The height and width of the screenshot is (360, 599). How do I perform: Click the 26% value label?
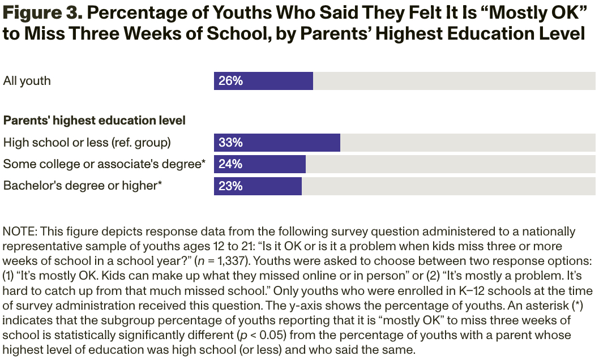(230, 81)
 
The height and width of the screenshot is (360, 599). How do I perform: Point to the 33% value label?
(230, 143)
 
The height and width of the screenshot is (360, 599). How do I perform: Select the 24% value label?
(230, 164)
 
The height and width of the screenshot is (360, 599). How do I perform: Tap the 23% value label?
(230, 186)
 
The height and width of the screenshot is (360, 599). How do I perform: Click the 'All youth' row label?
(27, 81)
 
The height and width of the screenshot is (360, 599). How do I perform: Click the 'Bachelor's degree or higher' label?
(83, 186)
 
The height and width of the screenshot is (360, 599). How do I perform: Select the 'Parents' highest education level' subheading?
(95, 121)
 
